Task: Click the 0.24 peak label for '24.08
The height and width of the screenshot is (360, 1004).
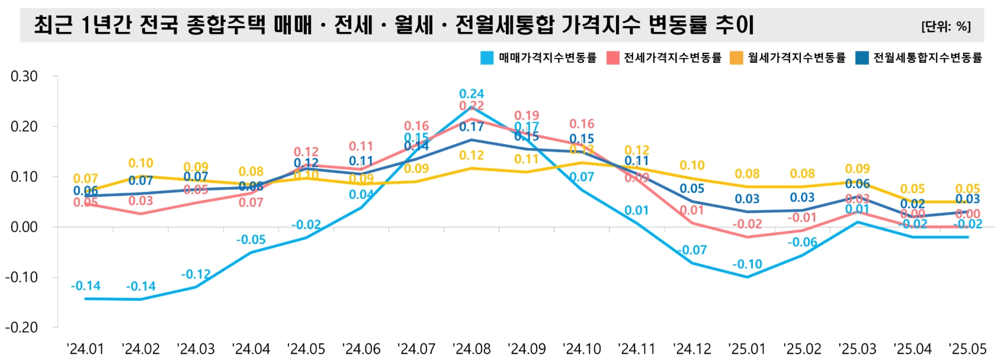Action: point(471,94)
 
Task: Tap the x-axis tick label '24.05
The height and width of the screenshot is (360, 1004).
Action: point(306,349)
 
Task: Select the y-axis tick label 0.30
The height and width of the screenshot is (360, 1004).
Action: point(24,76)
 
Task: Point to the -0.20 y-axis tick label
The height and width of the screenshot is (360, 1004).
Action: point(21,327)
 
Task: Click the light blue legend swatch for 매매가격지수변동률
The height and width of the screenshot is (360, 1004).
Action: point(486,57)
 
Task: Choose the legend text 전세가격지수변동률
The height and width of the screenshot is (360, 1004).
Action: point(672,57)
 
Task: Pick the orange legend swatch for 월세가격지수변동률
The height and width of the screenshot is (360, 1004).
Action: point(736,57)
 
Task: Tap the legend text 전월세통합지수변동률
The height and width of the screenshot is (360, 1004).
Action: point(928,57)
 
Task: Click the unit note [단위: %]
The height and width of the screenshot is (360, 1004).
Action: point(945,27)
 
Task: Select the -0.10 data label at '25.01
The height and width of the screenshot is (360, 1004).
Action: point(747,264)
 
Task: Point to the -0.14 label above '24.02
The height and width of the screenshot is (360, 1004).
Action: point(141,287)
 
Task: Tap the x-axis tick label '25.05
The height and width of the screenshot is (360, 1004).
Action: point(967,349)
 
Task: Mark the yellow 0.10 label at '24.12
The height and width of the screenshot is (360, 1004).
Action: point(692,166)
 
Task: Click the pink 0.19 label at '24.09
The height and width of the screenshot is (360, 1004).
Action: point(527,115)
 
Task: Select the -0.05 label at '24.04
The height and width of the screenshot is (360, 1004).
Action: point(251,240)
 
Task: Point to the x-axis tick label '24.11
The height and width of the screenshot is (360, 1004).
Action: point(637,349)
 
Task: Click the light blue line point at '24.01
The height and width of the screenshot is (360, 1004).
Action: point(86,298)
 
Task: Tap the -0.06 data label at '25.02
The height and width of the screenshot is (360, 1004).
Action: point(802,242)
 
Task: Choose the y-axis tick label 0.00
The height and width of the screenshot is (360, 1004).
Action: point(24,227)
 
